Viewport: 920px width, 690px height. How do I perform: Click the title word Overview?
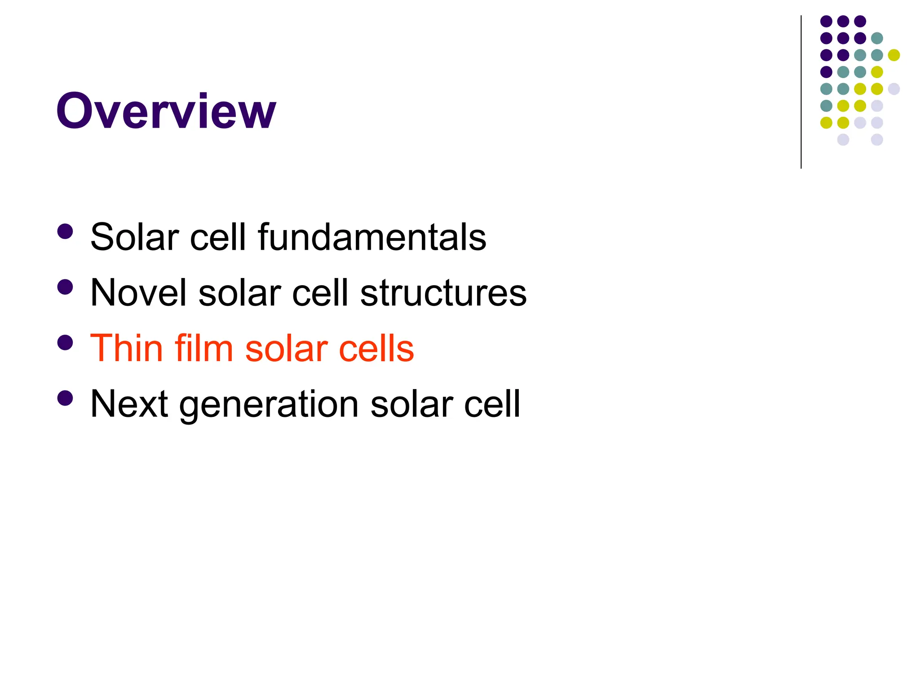pos(166,111)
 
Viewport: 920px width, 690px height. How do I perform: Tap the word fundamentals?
pos(372,237)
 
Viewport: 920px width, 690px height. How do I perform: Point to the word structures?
pos(443,292)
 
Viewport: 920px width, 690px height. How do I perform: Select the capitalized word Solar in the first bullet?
pos(134,237)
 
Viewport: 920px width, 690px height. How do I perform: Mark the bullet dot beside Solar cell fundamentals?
pos(66,232)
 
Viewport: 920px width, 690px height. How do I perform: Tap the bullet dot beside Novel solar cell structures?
pos(66,287)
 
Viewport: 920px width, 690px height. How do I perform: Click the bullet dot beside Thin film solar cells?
pos(66,343)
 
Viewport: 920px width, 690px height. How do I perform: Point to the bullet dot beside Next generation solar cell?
pos(66,398)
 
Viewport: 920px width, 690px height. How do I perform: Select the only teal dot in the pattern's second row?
pos(877,38)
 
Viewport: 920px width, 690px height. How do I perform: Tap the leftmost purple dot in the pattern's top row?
pos(826,21)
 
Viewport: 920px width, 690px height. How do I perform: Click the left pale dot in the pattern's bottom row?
pos(843,140)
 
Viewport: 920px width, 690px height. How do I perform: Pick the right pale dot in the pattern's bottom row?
pos(877,140)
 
